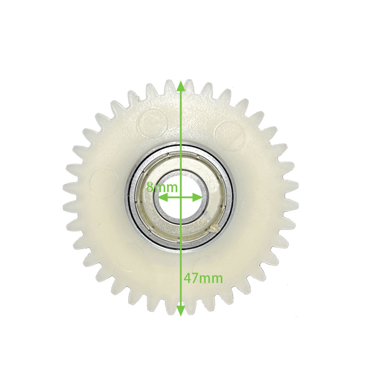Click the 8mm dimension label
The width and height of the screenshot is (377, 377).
tap(162, 188)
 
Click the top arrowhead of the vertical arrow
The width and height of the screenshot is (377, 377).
tap(181, 86)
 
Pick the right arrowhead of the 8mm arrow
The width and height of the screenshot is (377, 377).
tap(197, 198)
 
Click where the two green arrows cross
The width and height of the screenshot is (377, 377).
tap(181, 198)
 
